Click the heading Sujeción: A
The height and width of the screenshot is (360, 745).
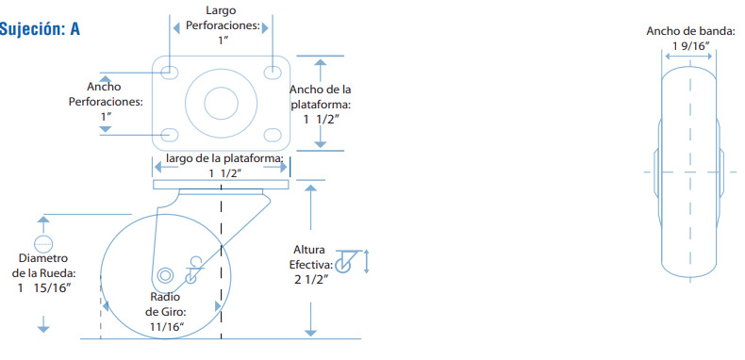click(x=40, y=29)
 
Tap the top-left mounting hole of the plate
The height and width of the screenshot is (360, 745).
click(x=169, y=73)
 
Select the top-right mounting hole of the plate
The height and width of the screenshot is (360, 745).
click(x=273, y=73)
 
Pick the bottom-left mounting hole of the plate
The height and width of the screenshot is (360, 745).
click(x=169, y=135)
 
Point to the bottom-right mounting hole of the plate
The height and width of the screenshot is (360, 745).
click(x=273, y=135)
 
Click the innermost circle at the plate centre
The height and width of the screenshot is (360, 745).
click(x=221, y=104)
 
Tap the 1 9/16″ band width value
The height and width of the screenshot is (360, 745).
click(x=691, y=45)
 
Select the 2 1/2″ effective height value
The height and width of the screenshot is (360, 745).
click(x=312, y=279)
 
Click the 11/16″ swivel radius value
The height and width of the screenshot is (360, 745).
click(x=167, y=327)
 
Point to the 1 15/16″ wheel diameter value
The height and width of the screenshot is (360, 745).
click(x=44, y=287)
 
